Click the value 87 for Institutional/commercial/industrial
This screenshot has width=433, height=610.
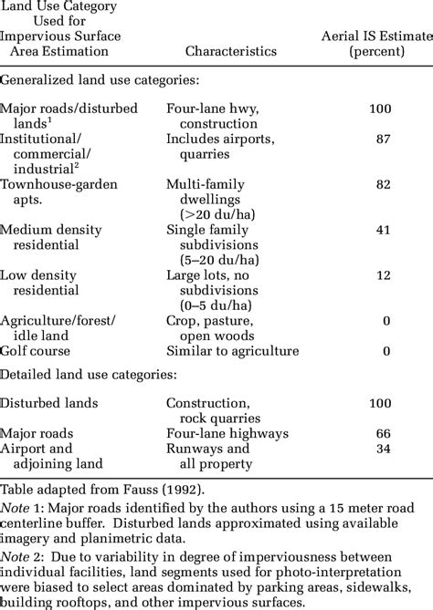coord(382,139)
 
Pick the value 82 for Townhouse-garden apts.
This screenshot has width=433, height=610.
coord(382,184)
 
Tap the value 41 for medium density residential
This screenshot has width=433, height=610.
coord(382,230)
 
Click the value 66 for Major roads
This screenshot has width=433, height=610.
coord(382,434)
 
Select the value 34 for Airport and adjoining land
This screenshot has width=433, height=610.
coord(382,449)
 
